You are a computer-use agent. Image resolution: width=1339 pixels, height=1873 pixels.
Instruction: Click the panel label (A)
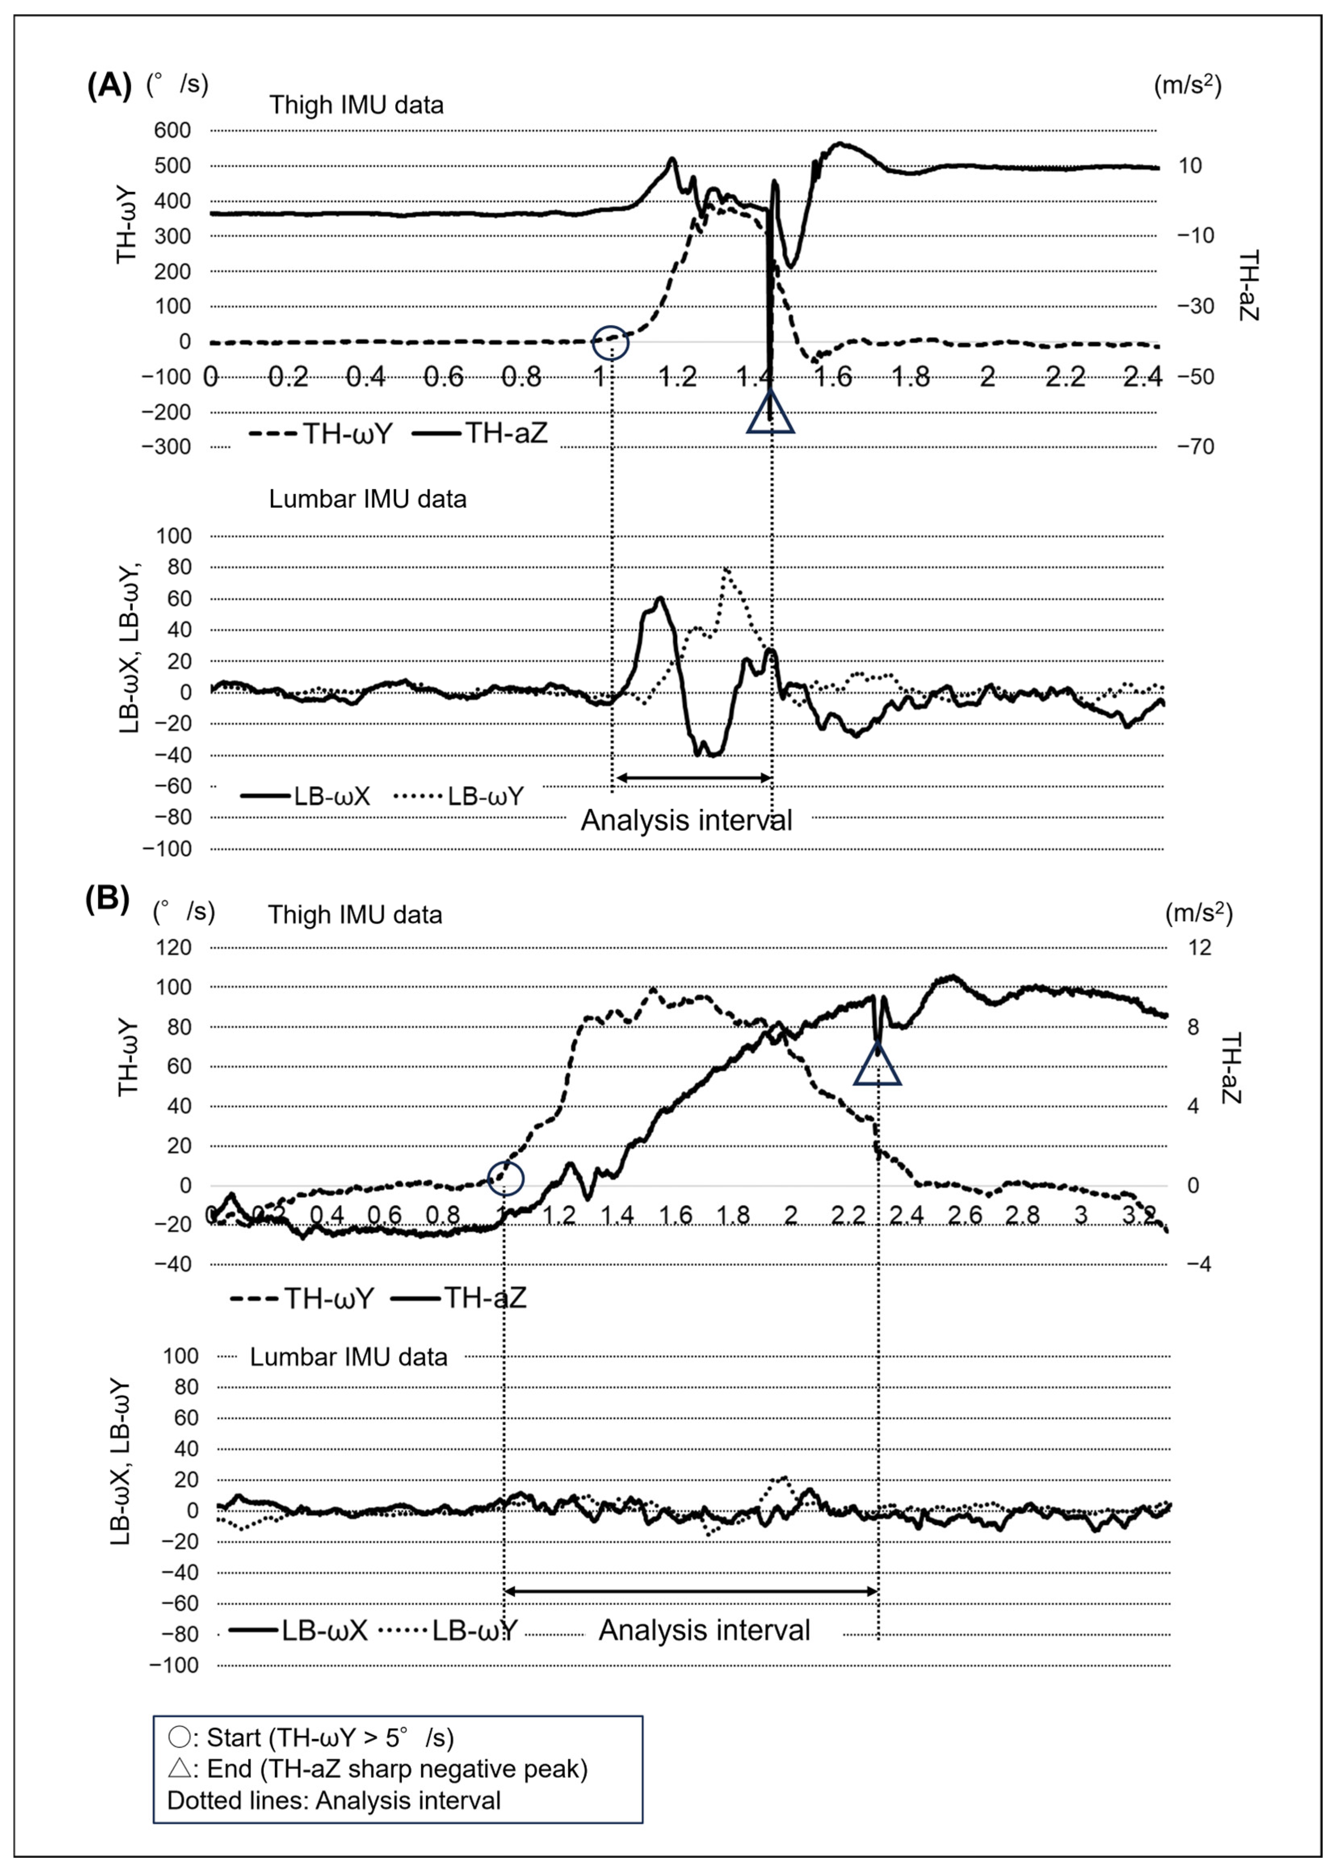(x=109, y=85)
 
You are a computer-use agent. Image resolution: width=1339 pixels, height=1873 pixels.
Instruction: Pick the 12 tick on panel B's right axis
(x=1200, y=947)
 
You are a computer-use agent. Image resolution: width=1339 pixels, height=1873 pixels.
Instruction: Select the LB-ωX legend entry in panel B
(x=298, y=1631)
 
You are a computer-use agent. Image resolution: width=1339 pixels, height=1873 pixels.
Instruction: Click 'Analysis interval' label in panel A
(x=686, y=821)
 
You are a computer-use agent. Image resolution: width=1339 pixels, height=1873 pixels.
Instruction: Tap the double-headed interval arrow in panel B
(x=691, y=1590)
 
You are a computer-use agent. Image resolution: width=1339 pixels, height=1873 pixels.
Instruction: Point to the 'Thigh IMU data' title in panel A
(x=356, y=105)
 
